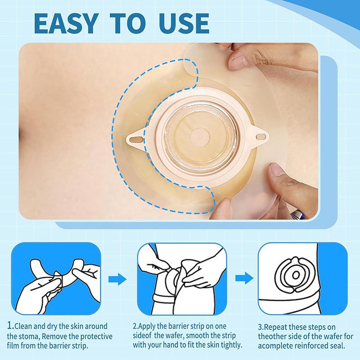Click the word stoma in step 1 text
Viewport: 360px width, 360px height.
pyautogui.click(x=30, y=337)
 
